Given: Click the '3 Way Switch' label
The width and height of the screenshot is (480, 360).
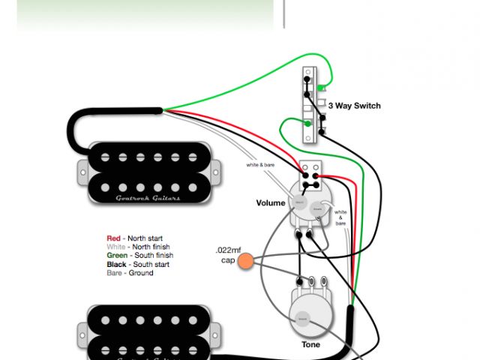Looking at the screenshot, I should coord(354,106).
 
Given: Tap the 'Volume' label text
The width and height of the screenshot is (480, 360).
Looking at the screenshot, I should coord(271,202).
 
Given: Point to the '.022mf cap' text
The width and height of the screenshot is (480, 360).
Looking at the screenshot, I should coord(228,254).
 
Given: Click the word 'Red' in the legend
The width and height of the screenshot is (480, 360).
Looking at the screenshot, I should coord(113,238).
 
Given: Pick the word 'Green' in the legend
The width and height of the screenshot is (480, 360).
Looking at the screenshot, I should coord(117,256).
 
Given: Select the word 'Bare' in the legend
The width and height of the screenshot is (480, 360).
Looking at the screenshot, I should coord(115,273).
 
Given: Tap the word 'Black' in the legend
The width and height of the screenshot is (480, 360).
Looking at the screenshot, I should coord(116,264).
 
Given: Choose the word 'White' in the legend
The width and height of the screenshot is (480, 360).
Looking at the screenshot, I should coord(116,247).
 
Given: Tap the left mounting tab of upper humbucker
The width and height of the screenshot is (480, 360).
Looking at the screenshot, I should coord(81,172).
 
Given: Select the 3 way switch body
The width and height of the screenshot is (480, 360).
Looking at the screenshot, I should coord(309,106).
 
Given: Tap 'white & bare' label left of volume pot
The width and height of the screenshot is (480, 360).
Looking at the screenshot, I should coord(260,164).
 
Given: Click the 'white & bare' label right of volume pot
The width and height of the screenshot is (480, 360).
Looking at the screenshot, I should coord(341,217).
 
